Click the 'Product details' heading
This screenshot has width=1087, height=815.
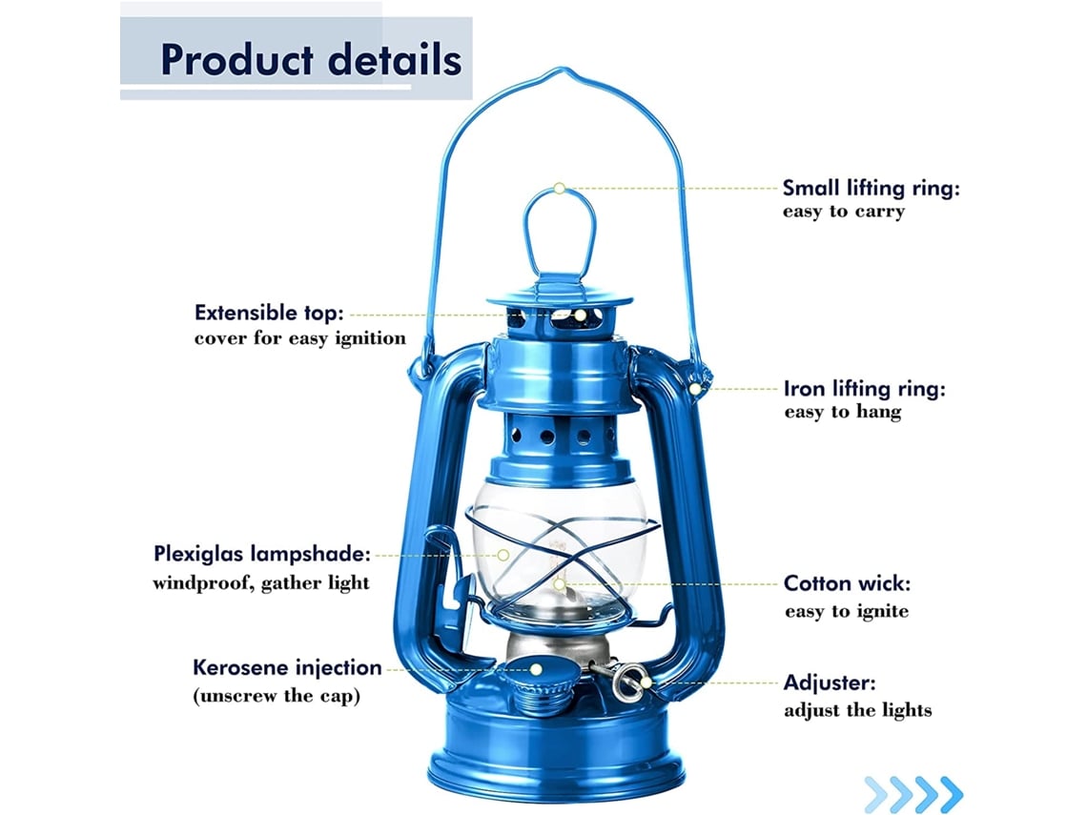311,60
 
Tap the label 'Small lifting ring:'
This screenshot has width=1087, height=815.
872,188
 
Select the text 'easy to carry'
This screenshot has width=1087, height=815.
844,212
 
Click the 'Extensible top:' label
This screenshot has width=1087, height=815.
269,314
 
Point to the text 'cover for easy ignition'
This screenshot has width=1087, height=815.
300,338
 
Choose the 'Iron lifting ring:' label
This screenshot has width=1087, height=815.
865,389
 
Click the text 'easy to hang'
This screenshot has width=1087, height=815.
843,412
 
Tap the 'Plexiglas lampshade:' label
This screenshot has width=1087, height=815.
262,555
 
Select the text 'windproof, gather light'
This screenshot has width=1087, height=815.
261,582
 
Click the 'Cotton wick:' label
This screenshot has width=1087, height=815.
847,583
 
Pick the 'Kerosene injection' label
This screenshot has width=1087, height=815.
287,667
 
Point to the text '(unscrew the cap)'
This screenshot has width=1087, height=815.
277,695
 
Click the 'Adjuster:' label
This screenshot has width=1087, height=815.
830,683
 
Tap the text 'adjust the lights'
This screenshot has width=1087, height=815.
858,709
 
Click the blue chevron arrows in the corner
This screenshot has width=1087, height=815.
913,794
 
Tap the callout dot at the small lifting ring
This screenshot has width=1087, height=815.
560,188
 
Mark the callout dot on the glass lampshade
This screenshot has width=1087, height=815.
504,555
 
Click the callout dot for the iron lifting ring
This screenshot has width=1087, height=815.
694,390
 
